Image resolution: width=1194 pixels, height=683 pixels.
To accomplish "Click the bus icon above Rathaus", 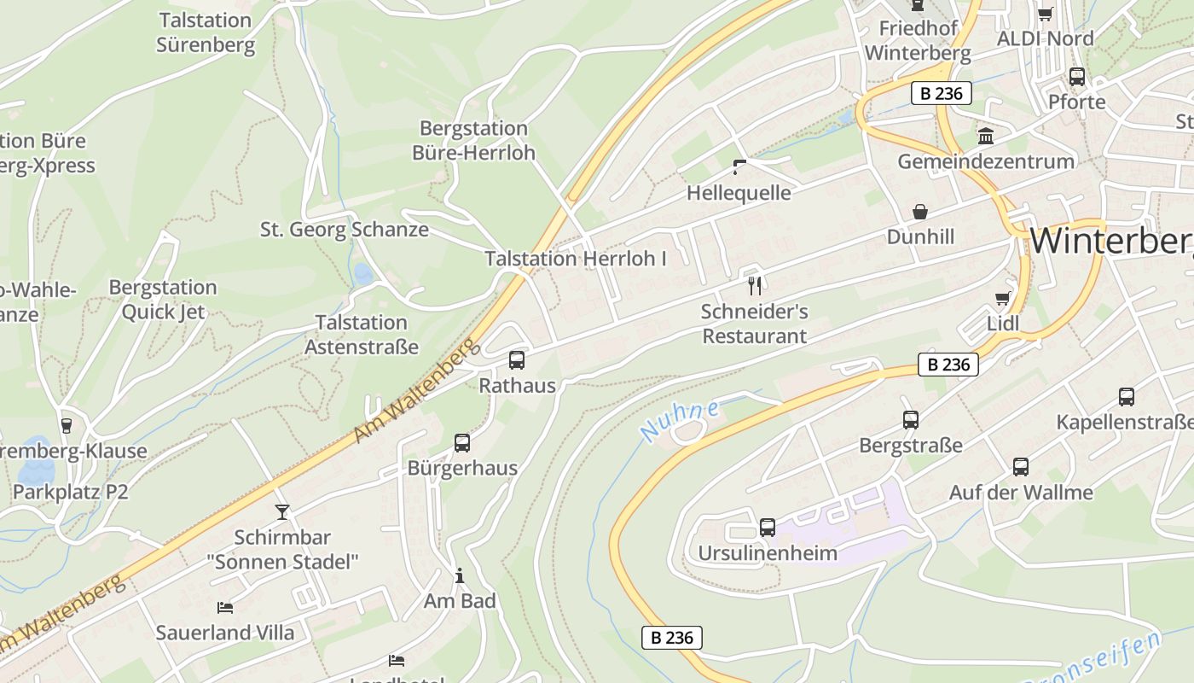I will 517,360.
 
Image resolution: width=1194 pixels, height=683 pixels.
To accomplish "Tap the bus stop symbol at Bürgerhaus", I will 462,443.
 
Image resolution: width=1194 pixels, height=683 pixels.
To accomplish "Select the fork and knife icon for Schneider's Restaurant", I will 754,285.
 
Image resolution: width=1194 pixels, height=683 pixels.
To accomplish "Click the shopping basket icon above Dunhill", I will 920,211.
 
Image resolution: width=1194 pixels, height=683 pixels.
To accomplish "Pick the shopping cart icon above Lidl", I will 1003,299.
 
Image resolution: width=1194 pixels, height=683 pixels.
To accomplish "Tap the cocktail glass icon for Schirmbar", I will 282,512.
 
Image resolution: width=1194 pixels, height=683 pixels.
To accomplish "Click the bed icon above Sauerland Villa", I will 225,608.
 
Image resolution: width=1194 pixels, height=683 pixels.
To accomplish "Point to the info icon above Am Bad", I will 460,576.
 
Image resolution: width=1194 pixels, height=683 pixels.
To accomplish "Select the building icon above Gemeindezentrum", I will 986,137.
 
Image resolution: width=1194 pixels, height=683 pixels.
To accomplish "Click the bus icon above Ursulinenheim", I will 768,528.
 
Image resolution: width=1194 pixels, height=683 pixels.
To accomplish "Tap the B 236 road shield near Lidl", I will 948,365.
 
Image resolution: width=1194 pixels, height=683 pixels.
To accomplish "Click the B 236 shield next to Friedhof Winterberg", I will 942,93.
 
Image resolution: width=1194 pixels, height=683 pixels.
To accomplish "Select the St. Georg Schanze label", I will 345,230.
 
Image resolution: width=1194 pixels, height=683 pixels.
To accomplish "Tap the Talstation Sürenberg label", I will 206,32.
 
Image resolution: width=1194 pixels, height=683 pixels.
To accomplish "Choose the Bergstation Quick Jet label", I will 163,299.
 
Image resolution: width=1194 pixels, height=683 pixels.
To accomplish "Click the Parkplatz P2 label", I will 70,492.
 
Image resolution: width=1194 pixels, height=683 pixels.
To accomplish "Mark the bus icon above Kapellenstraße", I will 1127,397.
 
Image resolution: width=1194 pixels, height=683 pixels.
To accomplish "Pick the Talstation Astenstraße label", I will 362,335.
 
